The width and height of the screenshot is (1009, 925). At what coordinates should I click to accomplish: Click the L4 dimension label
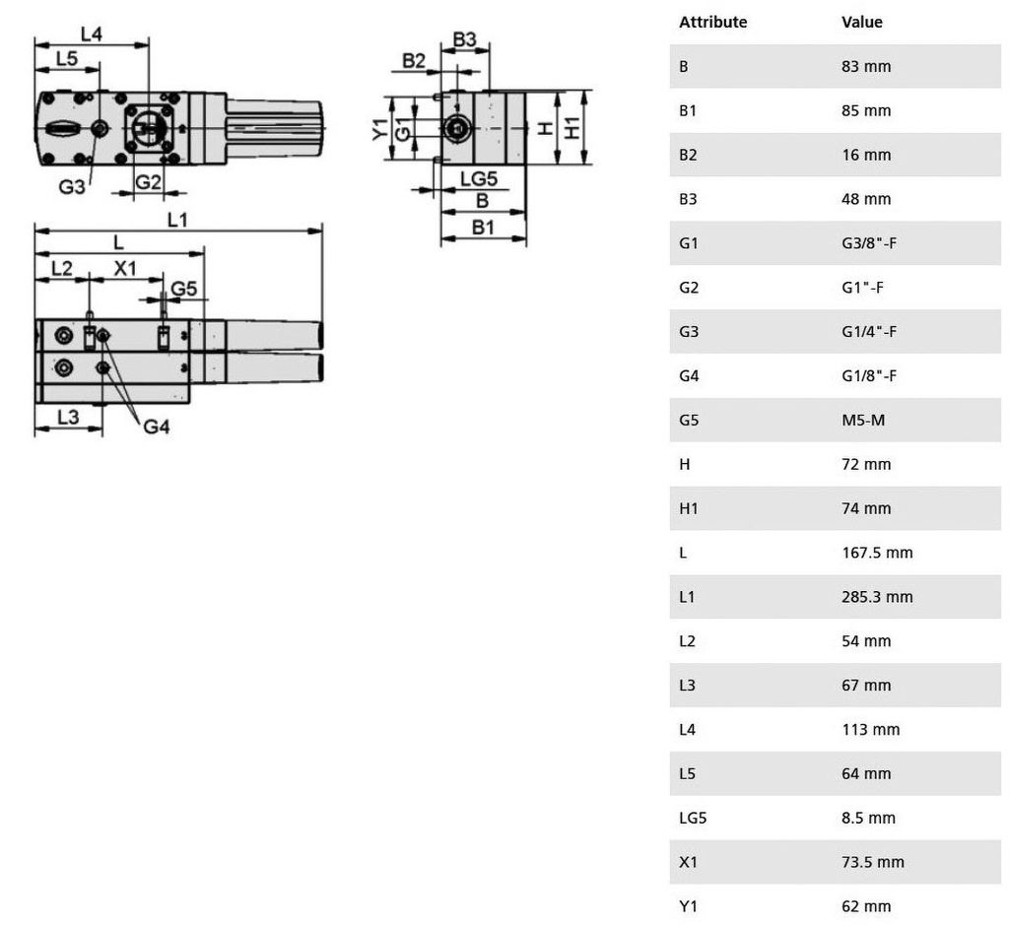coord(91,33)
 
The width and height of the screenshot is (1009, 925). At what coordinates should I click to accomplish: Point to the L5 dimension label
coord(66,59)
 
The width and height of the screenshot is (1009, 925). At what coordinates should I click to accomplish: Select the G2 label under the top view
coord(148,182)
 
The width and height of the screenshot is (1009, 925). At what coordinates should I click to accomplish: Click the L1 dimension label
coord(177,221)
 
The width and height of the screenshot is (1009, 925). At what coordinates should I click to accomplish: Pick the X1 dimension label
coord(125,268)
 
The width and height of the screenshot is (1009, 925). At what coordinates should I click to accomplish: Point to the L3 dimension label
coord(67,417)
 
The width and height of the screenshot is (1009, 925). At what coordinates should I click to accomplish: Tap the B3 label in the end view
coord(464,39)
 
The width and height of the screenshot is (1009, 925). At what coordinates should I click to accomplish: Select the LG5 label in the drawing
coord(479,179)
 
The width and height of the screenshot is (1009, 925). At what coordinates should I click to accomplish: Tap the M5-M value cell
coord(864,420)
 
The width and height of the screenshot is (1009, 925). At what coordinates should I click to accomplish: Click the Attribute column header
coord(712,22)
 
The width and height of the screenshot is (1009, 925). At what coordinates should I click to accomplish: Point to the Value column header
coord(862,22)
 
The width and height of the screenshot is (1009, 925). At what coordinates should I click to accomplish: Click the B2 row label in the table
coord(688,155)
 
